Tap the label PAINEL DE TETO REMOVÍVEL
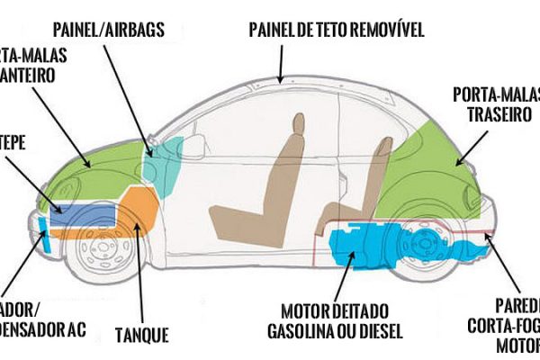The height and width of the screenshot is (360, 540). click(337, 30)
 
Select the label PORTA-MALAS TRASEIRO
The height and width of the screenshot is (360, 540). click(492, 105)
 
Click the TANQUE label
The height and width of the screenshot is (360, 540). click(141, 336)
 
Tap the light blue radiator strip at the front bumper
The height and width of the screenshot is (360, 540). click(46, 236)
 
